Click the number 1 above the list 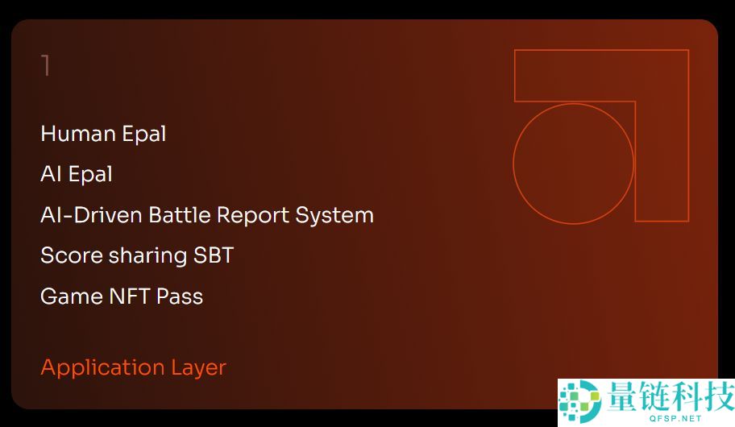[46, 66]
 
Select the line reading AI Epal [77, 175]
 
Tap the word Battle [179, 215]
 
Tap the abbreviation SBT [214, 255]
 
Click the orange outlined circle [574, 164]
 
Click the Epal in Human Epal [145, 134]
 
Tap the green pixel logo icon [580, 401]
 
